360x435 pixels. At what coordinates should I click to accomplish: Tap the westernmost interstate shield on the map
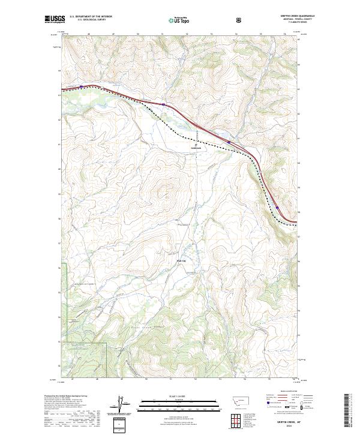[x=80, y=86]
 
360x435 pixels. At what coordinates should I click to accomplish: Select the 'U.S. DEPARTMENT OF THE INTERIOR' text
[x=91, y=17]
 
